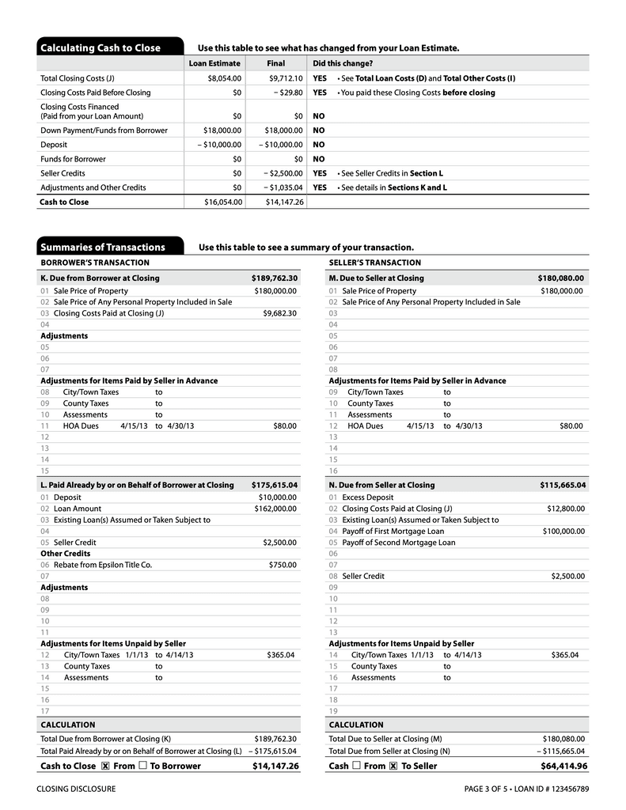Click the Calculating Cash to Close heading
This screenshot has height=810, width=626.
coord(101,48)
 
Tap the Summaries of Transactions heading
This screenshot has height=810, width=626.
coord(103,247)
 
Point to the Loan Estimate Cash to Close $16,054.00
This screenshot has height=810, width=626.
coord(223,202)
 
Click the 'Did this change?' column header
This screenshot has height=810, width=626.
coord(343,63)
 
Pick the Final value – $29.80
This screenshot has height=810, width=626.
coord(285,93)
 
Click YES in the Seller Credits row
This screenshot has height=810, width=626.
coord(320,173)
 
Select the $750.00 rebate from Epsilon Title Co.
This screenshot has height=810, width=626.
coord(283,565)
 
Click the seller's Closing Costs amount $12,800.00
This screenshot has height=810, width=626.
coord(566,509)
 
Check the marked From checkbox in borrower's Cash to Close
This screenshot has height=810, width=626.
coord(105,766)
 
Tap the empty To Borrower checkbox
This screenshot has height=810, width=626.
coord(142,766)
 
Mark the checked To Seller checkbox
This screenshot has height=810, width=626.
coord(393,766)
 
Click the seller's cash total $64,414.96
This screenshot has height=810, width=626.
coord(563,766)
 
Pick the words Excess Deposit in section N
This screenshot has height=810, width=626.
coord(367,498)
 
